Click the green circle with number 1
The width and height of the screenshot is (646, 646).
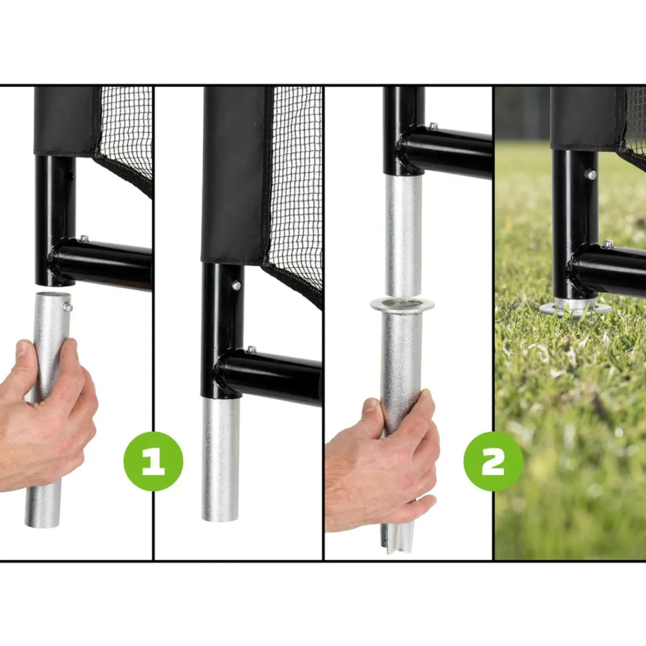(153, 461)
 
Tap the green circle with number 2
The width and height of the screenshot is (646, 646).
(493, 461)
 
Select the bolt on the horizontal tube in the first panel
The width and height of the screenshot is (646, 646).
(85, 238)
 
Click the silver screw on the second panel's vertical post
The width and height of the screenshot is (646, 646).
(237, 286)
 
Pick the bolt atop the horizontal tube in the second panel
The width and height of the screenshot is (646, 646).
(251, 350)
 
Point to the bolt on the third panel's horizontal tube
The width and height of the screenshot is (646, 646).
(433, 126)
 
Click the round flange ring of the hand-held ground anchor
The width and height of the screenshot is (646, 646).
(402, 304)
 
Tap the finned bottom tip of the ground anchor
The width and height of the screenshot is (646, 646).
(398, 542)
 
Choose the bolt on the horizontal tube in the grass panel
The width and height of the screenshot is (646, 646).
(607, 244)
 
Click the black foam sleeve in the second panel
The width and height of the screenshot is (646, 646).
(235, 174)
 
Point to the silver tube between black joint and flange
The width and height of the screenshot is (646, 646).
(404, 236)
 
